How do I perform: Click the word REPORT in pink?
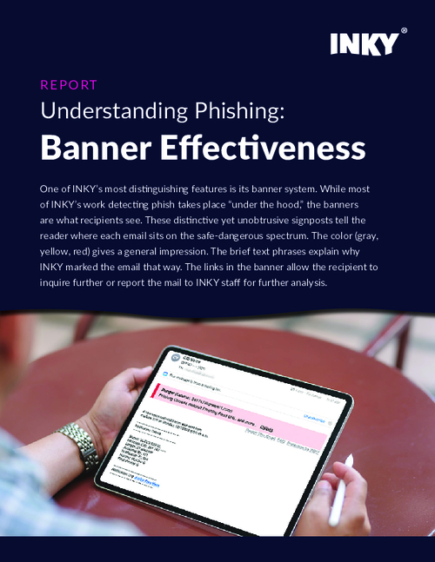click(x=69, y=85)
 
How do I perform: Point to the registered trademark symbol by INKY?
click(x=403, y=31)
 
